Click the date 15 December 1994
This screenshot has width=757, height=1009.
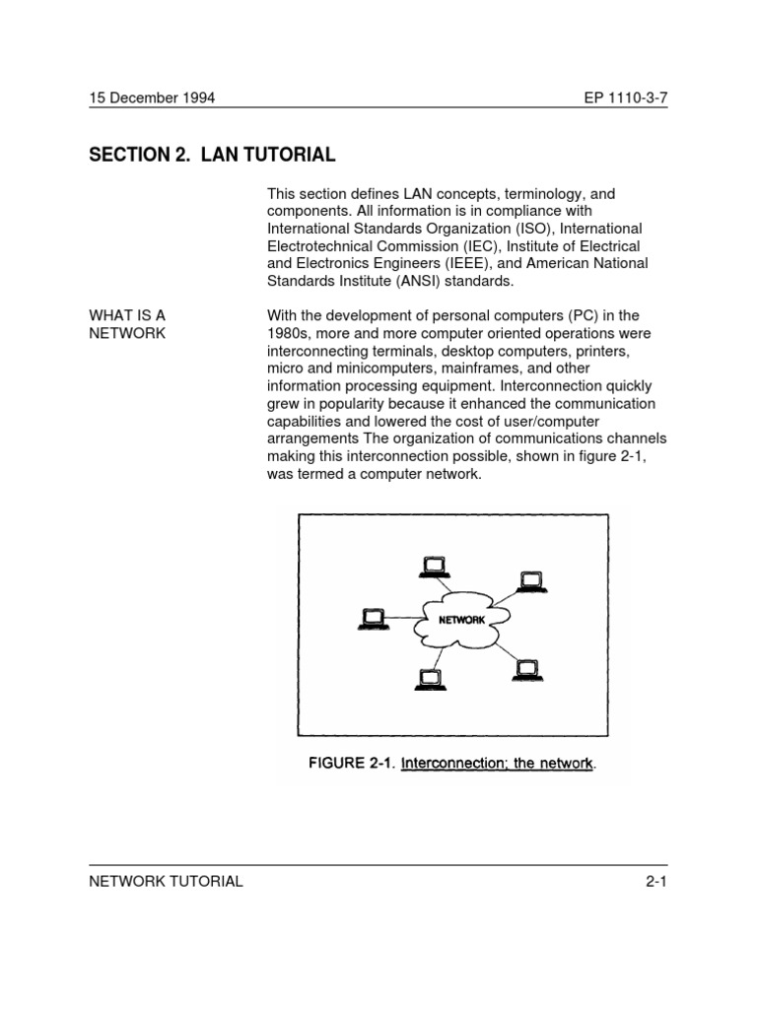(x=153, y=98)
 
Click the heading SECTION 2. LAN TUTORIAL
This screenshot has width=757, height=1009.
(x=213, y=155)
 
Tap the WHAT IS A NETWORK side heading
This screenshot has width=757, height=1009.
(x=128, y=324)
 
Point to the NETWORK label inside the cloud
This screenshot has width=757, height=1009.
(x=461, y=620)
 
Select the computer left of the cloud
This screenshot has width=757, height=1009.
(x=373, y=620)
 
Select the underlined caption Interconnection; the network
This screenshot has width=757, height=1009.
(x=502, y=763)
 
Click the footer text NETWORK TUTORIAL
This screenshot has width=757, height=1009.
(x=166, y=881)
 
